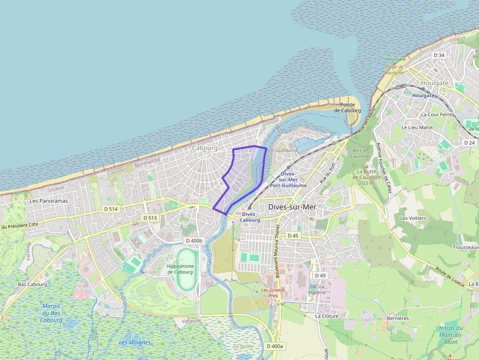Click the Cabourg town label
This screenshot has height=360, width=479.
pyautogui.click(x=204, y=148)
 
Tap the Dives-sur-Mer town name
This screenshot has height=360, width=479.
pyautogui.click(x=292, y=207)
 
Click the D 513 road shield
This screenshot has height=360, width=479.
pyautogui.click(x=150, y=217)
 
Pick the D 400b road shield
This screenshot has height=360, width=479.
pyautogui.click(x=194, y=241)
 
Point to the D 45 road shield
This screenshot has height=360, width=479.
pyautogui.click(x=293, y=235)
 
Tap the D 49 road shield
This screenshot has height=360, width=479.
pyautogui.click(x=320, y=275)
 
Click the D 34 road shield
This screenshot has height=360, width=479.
pyautogui.click(x=439, y=55)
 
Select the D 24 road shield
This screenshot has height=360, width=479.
pyautogui.click(x=469, y=143)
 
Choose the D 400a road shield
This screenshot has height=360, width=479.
pyautogui.click(x=275, y=346)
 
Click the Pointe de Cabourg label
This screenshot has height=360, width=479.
pyautogui.click(x=348, y=107)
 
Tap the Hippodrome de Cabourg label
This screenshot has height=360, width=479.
pyautogui.click(x=180, y=269)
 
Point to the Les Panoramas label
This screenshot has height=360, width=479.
pyautogui.click(x=49, y=201)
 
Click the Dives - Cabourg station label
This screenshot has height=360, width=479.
pyautogui.click(x=250, y=217)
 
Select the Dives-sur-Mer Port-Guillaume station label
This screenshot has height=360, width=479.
pyautogui.click(x=288, y=180)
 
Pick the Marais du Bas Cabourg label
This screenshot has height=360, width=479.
pyautogui.click(x=51, y=313)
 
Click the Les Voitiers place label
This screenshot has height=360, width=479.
pyautogui.click(x=413, y=218)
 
